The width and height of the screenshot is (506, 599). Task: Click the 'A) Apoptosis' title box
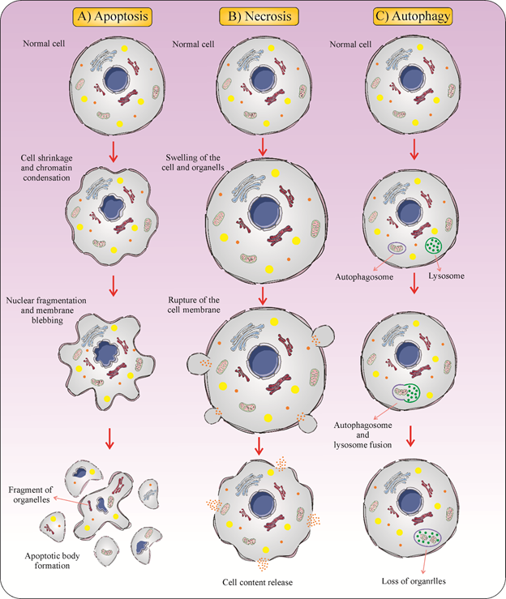(x=113, y=17)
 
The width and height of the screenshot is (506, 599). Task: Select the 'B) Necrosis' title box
(x=259, y=17)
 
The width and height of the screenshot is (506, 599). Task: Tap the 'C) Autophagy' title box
(x=413, y=16)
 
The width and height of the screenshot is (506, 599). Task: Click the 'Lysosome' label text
(x=446, y=276)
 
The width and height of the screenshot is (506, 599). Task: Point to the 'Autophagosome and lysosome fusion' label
(x=362, y=434)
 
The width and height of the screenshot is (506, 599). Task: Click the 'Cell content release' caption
(x=258, y=582)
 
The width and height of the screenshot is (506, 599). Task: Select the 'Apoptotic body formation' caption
(x=53, y=560)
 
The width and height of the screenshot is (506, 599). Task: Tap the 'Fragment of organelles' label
(x=31, y=494)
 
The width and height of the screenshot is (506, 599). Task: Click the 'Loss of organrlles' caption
(x=414, y=581)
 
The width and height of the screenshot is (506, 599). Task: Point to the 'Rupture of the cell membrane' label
(x=194, y=305)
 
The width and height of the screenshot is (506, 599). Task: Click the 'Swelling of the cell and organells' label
(x=193, y=162)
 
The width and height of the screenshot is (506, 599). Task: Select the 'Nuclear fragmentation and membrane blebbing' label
(x=46, y=310)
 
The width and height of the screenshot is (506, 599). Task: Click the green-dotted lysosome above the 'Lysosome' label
(x=434, y=246)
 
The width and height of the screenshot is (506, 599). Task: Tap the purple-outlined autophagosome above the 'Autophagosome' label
(x=397, y=248)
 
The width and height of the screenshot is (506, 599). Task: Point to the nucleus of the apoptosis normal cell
(x=116, y=79)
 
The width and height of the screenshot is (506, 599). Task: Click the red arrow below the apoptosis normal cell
(x=114, y=152)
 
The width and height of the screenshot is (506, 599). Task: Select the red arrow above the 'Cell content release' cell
(x=259, y=446)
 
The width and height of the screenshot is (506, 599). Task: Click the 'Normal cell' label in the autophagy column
(x=350, y=45)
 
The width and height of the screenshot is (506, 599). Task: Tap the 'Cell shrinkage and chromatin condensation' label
(x=46, y=168)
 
